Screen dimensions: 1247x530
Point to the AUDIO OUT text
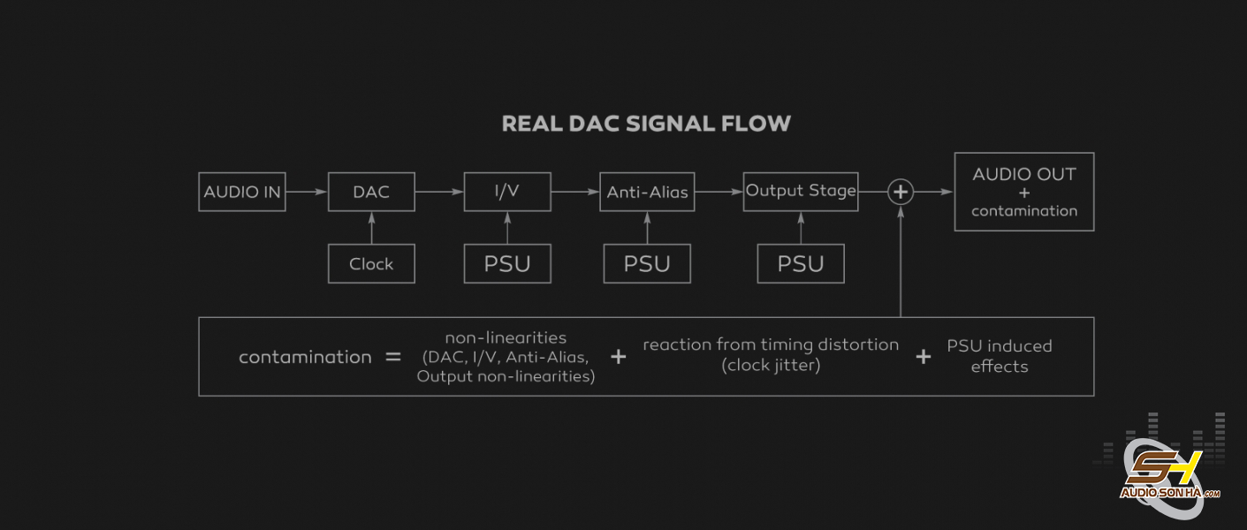pos(1023,174)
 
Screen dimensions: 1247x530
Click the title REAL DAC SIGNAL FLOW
pos(646,124)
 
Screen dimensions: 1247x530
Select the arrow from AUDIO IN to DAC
pos(306,192)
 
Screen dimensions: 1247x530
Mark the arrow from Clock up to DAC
pos(371,228)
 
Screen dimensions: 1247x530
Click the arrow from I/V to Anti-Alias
pos(575,192)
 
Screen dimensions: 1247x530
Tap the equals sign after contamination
pos(393,357)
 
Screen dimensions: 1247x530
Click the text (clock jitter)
pos(771,366)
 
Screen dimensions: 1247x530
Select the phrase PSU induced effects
pos(1000,356)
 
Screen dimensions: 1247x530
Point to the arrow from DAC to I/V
pos(439,192)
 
